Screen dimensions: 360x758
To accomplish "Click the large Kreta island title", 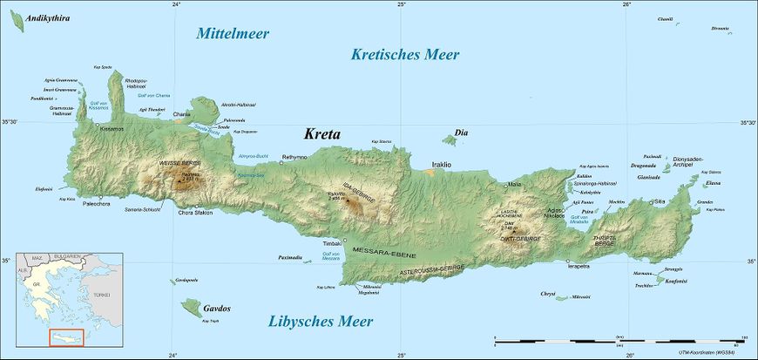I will (x=321, y=134).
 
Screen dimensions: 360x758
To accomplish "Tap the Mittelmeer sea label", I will (x=233, y=34).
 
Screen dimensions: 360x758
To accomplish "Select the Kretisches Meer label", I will (x=405, y=55).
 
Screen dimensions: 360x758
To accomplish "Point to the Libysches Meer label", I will (x=321, y=322).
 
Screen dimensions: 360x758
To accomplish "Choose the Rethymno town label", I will (x=294, y=157).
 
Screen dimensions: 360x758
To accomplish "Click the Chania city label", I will (x=181, y=114).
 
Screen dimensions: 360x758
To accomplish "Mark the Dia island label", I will (x=462, y=132).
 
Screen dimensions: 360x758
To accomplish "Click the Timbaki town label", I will (x=332, y=243).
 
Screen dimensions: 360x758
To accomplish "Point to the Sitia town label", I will (x=684, y=201).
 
